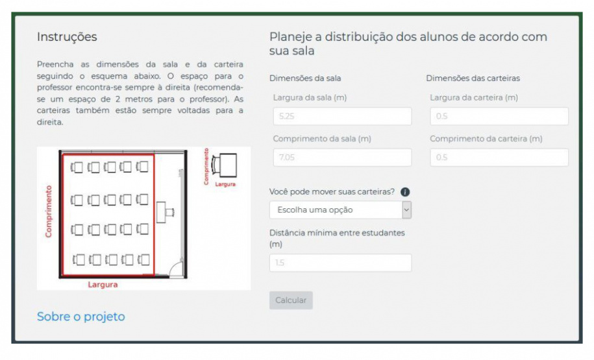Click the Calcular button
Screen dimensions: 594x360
click(x=291, y=300)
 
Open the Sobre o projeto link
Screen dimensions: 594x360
click(x=80, y=317)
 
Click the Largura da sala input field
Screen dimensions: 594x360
click(x=342, y=116)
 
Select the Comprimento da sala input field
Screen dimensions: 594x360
click(x=342, y=158)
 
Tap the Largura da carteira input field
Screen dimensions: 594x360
click(x=499, y=116)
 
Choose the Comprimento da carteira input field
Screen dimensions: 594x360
click(x=499, y=158)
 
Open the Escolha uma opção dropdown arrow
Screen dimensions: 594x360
click(x=406, y=210)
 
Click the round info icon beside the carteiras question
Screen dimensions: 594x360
click(x=405, y=192)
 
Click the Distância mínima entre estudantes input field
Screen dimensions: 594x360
click(x=340, y=263)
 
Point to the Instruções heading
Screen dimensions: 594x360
click(x=67, y=37)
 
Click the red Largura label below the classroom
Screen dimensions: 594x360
click(x=103, y=285)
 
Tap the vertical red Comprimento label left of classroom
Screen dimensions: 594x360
click(x=49, y=211)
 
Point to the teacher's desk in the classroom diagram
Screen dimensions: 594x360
click(x=165, y=212)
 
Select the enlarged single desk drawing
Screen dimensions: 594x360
click(x=224, y=165)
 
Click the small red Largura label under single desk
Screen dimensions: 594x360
click(x=225, y=184)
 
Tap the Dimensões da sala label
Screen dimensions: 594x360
click(x=305, y=78)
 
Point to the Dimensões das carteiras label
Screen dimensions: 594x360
click(x=473, y=78)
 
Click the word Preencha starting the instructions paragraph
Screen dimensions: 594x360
click(x=55, y=64)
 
